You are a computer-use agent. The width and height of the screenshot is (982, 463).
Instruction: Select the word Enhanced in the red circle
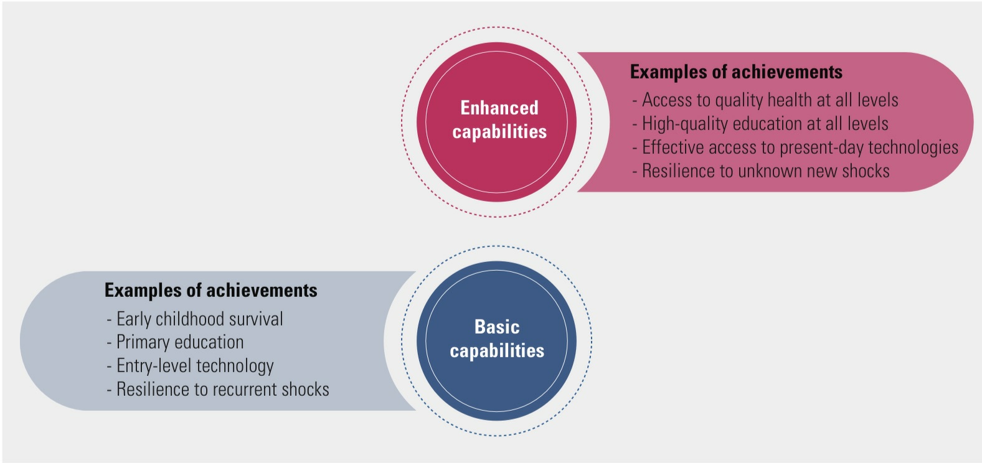[499, 108]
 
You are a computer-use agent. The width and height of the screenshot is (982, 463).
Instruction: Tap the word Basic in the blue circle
[496, 327]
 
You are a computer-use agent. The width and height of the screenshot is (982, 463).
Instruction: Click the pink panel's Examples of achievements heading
[736, 72]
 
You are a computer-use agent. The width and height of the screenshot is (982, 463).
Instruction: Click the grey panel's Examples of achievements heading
[210, 291]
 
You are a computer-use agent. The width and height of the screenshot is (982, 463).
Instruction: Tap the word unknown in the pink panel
[768, 171]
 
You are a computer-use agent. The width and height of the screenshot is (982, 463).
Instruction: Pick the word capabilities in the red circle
[499, 132]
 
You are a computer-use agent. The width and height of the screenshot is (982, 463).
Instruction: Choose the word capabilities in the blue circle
[497, 351]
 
